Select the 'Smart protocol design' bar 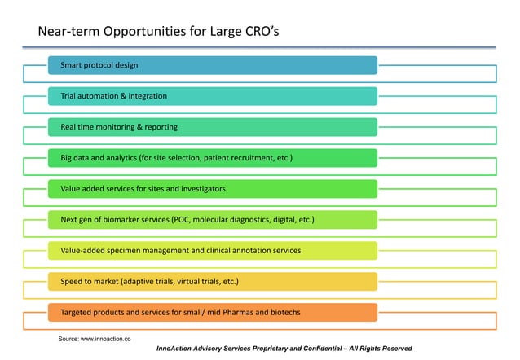[212, 65]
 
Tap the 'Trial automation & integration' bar [212, 96]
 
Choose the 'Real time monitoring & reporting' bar [212, 127]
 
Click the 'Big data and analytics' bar [212, 158]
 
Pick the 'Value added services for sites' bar [212, 189]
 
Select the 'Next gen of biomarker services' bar [212, 220]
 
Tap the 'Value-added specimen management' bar [212, 250]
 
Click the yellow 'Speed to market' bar [212, 281]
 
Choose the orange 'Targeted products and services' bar [212, 312]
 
